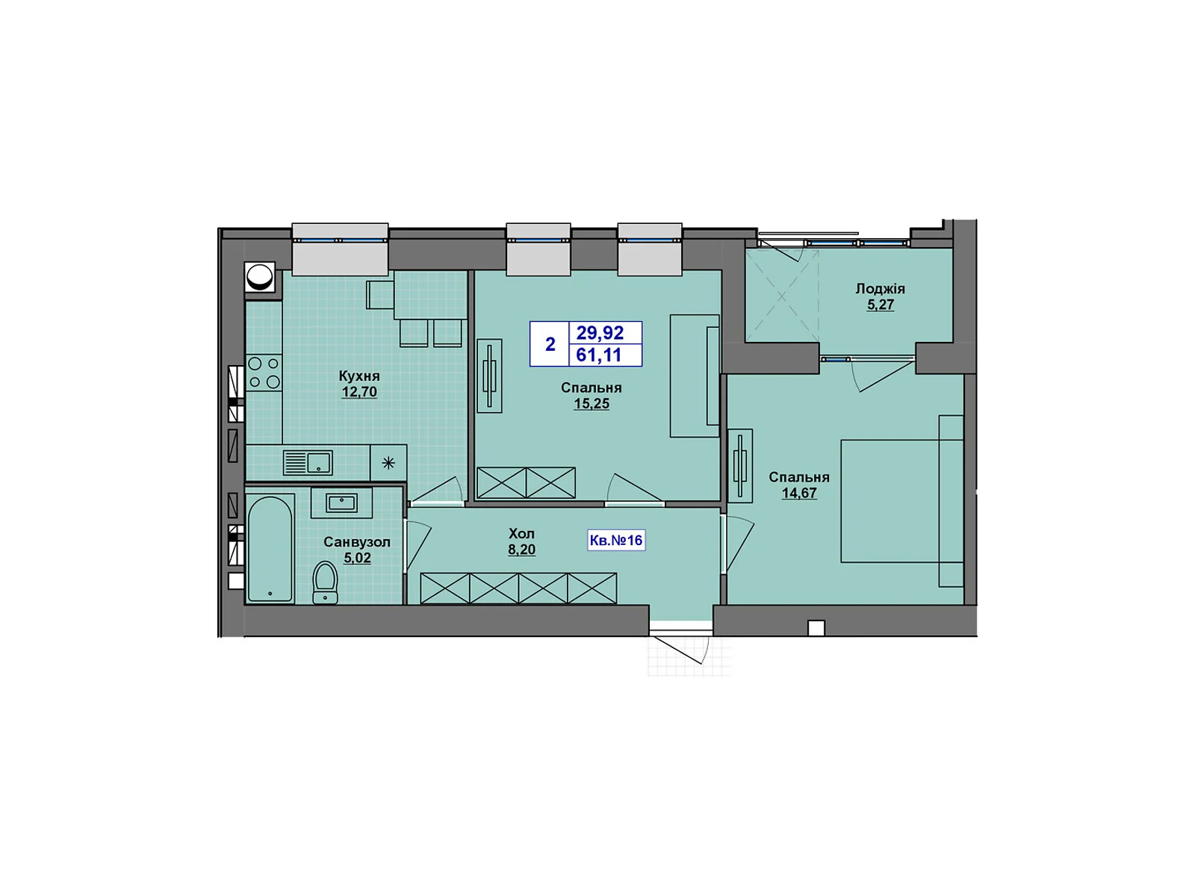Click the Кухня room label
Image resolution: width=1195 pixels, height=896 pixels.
[x=359, y=376]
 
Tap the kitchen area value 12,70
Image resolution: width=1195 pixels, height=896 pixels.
[x=359, y=392]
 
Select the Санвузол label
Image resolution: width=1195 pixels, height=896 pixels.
[x=357, y=542]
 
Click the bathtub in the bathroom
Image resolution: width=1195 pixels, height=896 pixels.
[x=270, y=548]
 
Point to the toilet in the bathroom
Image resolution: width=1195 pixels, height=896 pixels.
[x=325, y=582]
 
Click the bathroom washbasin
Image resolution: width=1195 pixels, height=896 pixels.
[x=341, y=503]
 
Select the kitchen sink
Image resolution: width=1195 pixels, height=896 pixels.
[x=308, y=463]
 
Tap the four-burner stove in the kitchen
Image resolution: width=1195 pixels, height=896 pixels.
[x=264, y=372]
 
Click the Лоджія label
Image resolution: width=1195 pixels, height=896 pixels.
[x=881, y=288]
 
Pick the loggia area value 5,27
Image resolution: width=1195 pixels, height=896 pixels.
[x=881, y=304]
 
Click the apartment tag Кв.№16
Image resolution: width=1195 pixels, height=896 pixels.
[x=616, y=540]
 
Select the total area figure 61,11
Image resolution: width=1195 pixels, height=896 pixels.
[x=599, y=355]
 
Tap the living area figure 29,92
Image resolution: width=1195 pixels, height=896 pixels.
[x=600, y=332]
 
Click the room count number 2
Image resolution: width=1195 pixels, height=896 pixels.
[x=550, y=343]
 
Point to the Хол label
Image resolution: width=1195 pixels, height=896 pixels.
[x=521, y=533]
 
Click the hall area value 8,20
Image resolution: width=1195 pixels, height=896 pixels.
[x=521, y=550]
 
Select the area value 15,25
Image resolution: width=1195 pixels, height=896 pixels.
[x=592, y=404]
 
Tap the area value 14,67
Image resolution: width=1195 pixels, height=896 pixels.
[x=799, y=493]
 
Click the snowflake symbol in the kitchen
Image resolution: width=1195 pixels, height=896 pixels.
[x=388, y=463]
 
